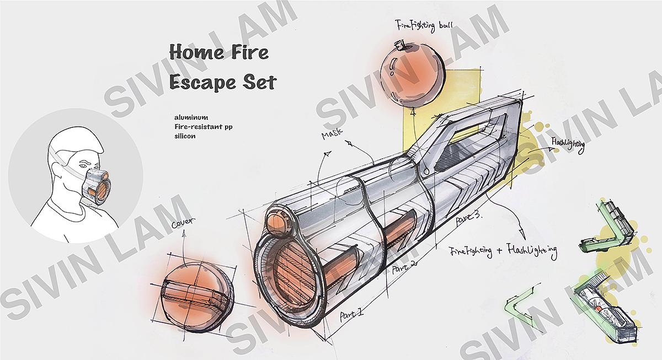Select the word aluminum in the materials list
coord(189,117)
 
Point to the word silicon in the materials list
coord(184,136)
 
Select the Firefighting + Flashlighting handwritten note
coord(503,251)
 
